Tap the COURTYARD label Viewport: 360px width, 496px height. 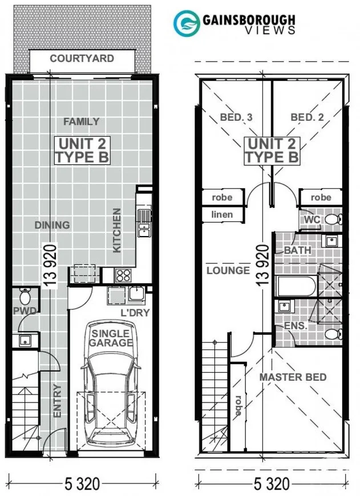click(82, 59)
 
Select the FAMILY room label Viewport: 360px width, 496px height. click(81, 121)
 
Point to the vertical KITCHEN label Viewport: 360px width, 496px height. click(117, 230)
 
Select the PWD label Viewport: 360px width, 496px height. click(25, 311)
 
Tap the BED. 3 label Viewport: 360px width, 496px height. click(236, 119)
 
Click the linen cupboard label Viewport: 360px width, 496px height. click(222, 215)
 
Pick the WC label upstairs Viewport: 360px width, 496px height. click(310, 219)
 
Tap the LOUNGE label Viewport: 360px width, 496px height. click(228, 270)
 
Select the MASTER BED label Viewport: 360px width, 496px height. click(293, 377)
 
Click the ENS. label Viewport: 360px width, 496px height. click(296, 326)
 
